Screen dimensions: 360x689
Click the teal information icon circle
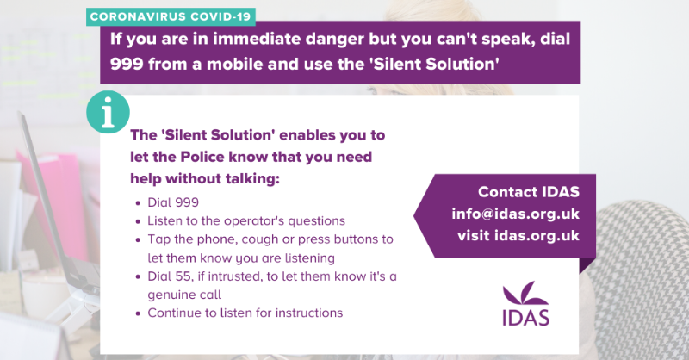[109, 112]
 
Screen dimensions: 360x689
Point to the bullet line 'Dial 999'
[173, 202]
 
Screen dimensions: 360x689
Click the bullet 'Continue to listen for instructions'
[245, 313]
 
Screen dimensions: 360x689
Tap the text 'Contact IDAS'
[528, 191]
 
